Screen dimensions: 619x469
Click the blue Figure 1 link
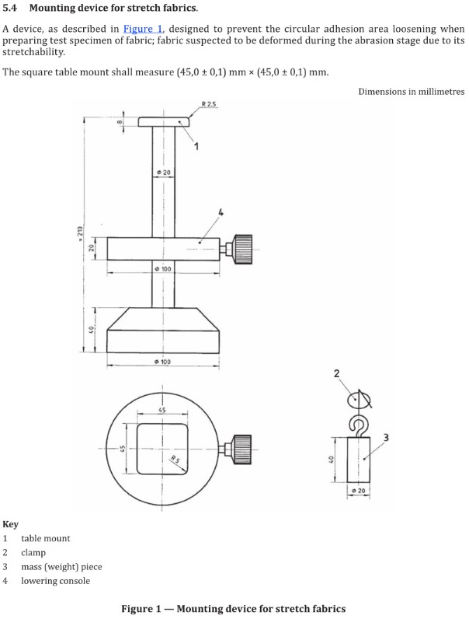tap(142, 29)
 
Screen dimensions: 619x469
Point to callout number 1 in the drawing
tap(197, 146)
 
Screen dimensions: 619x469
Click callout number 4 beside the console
tap(221, 212)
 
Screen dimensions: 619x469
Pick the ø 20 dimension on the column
tap(163, 171)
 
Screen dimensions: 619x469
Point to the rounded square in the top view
tap(163, 449)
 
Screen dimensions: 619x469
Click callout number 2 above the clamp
tap(336, 375)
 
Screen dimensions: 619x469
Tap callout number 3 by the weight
tap(386, 435)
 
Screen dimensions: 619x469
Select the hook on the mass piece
tap(358, 424)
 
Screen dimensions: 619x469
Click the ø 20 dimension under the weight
tap(358, 491)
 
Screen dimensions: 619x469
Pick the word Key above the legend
tap(10, 524)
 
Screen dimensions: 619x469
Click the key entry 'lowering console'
tap(55, 581)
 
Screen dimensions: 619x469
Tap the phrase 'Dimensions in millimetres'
tap(411, 92)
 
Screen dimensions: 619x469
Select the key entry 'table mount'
tap(45, 538)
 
